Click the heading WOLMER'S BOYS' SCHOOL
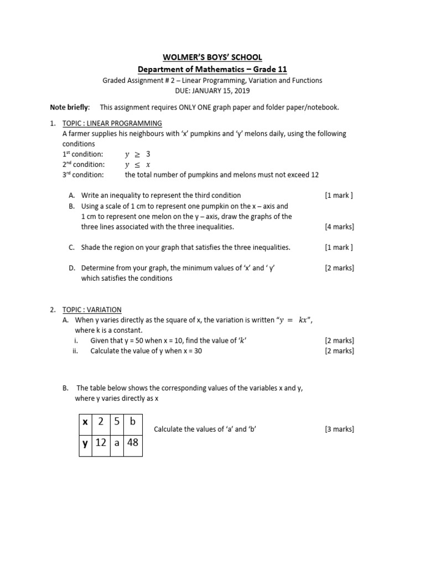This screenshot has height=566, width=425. (212, 57)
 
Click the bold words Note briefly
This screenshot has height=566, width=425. (69, 107)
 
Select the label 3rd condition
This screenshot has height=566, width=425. (82, 175)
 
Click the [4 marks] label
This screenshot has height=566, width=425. (339, 227)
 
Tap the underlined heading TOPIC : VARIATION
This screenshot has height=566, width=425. (92, 310)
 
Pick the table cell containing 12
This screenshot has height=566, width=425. (100, 442)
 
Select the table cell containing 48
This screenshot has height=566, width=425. (132, 442)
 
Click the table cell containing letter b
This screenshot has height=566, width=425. (132, 422)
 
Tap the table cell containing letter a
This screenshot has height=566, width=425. (116, 443)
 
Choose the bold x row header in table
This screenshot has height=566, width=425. (85, 422)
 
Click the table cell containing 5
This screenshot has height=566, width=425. (116, 422)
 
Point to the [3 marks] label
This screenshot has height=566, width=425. (339, 429)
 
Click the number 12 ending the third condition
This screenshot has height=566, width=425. (315, 175)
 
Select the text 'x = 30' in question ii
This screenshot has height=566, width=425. (190, 351)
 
